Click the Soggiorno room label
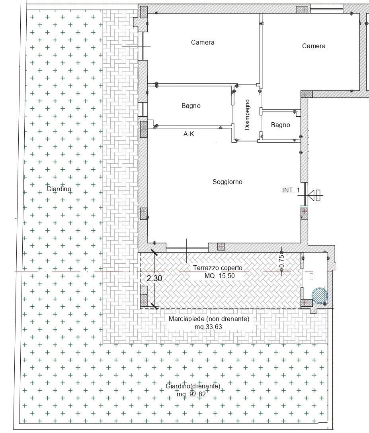click(227, 182)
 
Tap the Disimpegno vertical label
click(247, 115)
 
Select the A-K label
click(189, 134)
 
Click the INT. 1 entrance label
click(291, 190)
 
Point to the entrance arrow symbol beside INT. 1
click(315, 195)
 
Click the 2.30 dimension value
click(154, 278)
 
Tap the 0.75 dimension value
click(281, 261)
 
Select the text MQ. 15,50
click(220, 276)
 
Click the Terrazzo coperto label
click(218, 268)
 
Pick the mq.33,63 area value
click(208, 327)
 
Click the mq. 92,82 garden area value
click(191, 394)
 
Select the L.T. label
click(312, 275)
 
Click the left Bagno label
click(191, 106)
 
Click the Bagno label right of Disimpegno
click(280, 125)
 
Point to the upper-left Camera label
click(203, 42)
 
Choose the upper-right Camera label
click(314, 46)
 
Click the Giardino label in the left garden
click(59, 189)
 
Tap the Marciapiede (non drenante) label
click(209, 319)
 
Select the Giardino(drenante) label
click(193, 386)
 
